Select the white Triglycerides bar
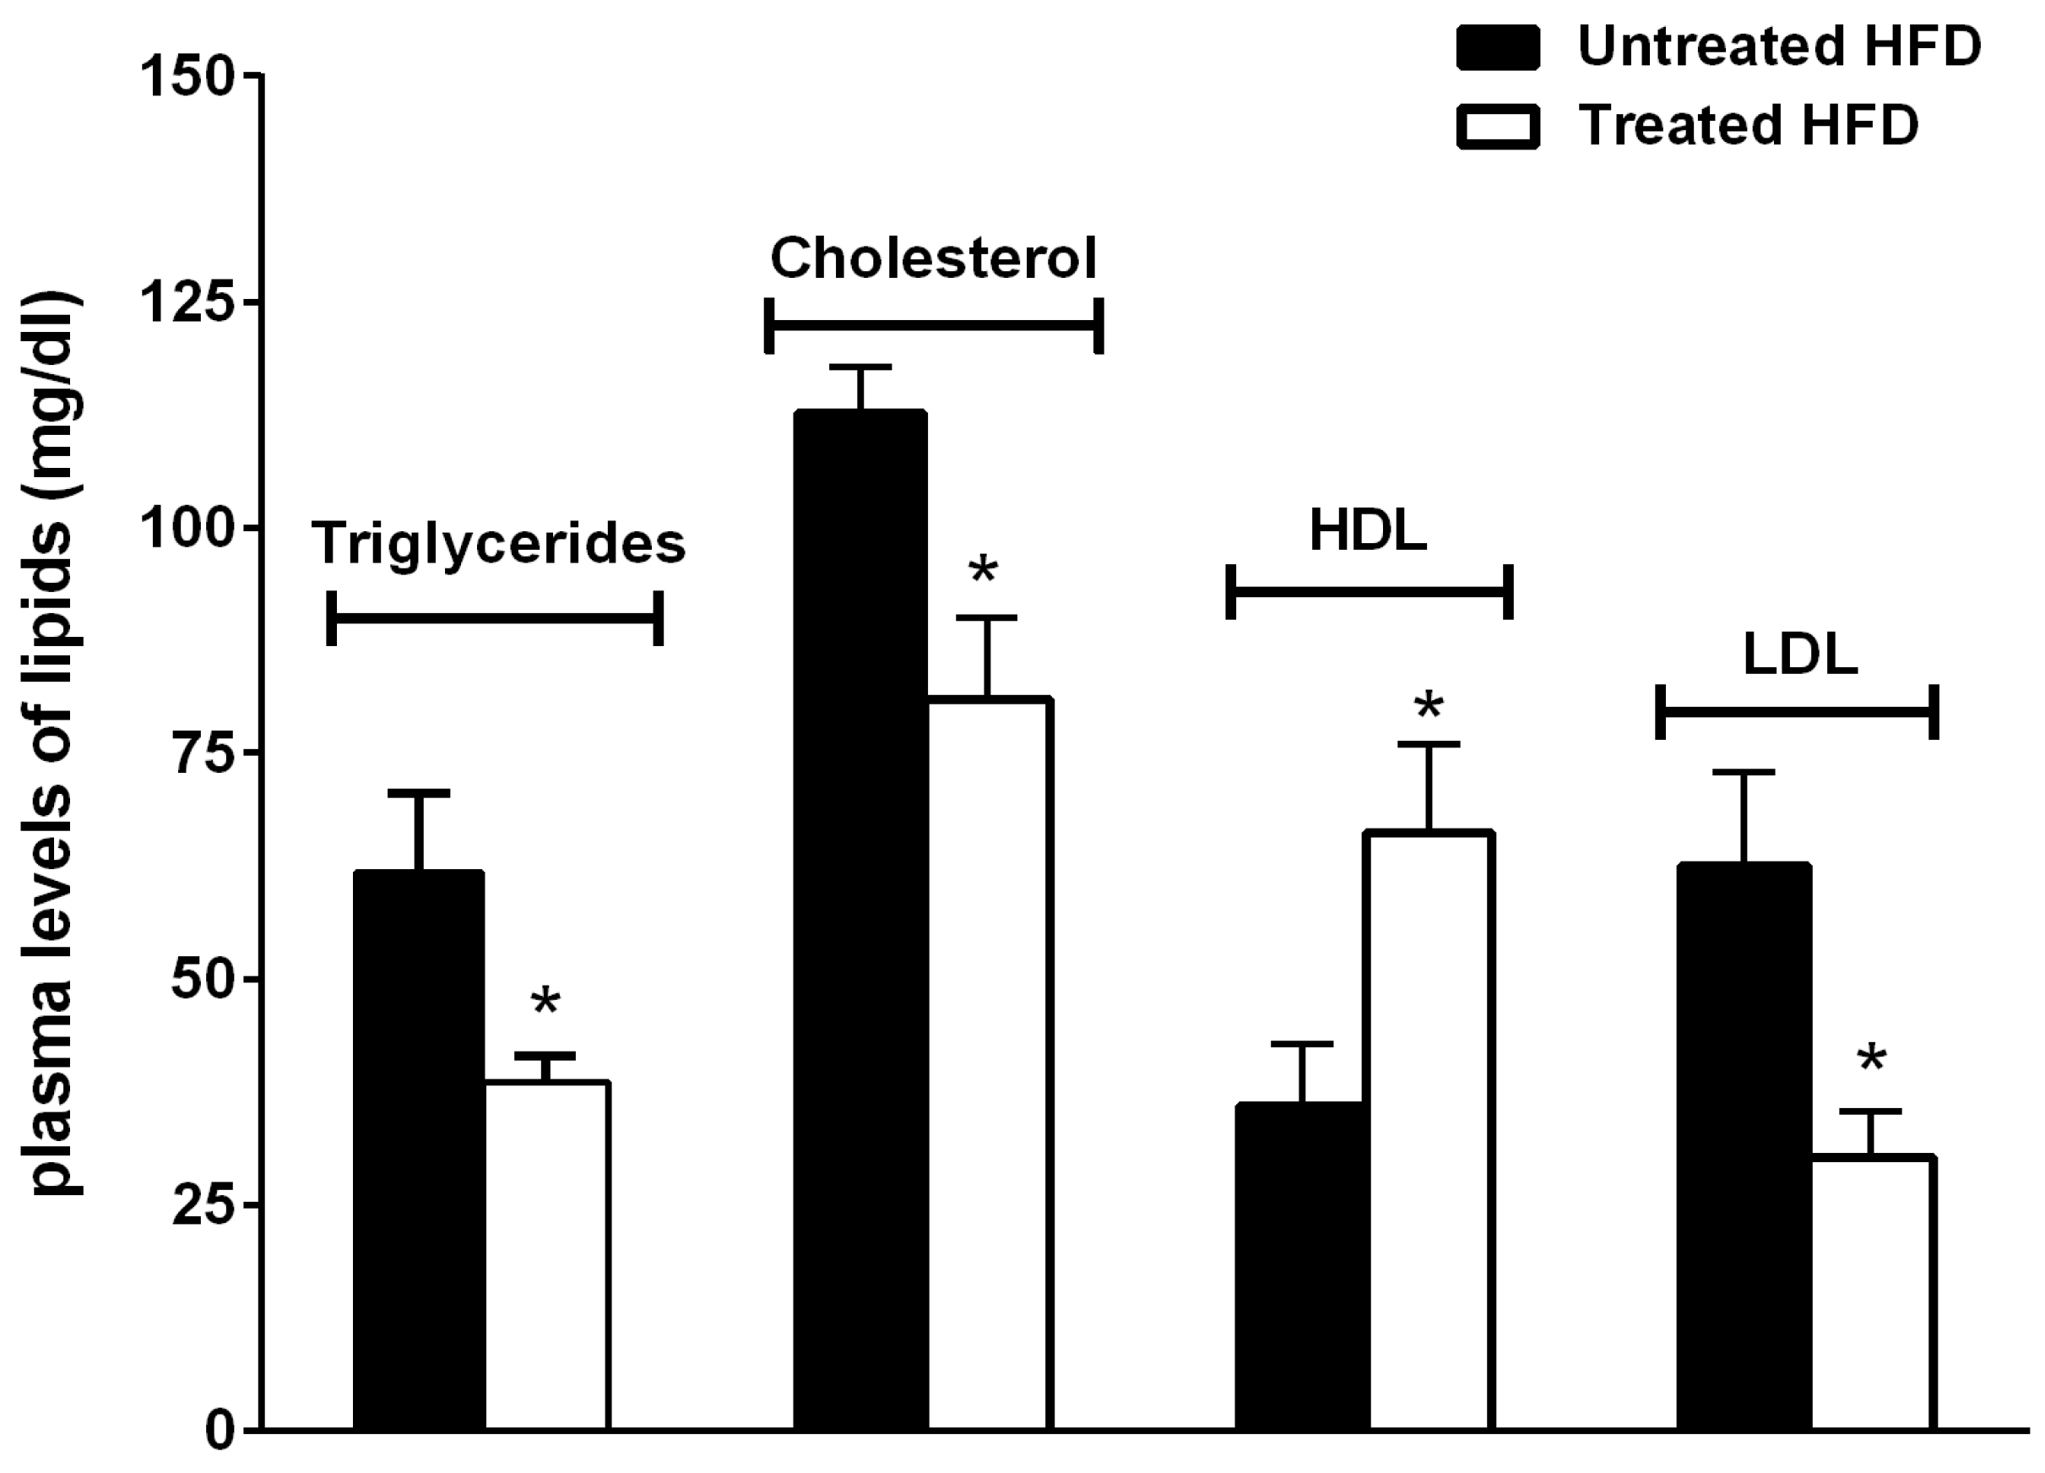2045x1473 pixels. pos(547,1253)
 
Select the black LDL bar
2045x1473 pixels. pos(1743,1145)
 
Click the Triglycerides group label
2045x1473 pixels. pos(499,544)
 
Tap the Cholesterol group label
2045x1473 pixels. pos(933,259)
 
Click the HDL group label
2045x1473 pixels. pos(1368,531)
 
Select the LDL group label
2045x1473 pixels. pos(1800,655)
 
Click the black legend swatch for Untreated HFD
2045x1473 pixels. pos(1498,48)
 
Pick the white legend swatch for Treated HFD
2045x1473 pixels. pos(1498,127)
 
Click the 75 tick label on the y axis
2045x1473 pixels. pos(203,754)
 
